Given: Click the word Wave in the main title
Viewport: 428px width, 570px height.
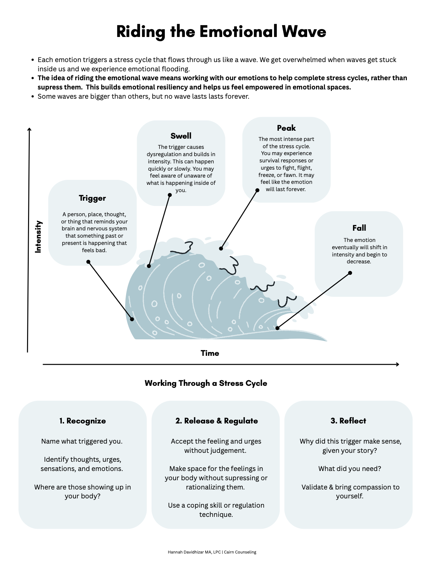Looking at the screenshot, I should [304, 32].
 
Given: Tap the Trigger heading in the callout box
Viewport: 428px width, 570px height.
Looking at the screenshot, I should [92, 198].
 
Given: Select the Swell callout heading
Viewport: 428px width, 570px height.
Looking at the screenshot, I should [181, 136].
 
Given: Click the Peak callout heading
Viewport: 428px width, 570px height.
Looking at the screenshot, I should [286, 128].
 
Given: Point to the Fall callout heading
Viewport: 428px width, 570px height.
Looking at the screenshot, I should [359, 228].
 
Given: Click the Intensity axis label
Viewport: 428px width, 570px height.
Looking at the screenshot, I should [38, 237].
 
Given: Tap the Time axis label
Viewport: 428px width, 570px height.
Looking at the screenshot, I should [210, 353].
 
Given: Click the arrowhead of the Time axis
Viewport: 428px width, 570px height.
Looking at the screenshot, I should [398, 364].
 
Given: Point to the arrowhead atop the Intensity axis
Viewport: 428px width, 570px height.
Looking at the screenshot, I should [29, 129].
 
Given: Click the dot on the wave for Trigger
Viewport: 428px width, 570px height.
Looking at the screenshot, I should [132, 319].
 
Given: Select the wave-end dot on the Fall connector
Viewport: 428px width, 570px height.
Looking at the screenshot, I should [278, 328].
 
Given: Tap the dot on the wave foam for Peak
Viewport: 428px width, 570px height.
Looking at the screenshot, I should [221, 249].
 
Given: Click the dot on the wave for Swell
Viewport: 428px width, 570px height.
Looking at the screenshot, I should [149, 266].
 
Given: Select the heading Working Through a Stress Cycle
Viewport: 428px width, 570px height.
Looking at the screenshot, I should [206, 383].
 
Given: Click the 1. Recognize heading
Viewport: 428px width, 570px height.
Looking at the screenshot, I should [83, 421].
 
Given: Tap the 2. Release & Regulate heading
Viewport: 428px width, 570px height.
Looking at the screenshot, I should [217, 421].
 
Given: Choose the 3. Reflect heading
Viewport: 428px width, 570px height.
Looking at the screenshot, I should [348, 421].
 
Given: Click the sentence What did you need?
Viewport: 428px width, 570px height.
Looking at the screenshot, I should [350, 469].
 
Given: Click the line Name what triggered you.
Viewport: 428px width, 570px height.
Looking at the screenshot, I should [82, 441].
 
